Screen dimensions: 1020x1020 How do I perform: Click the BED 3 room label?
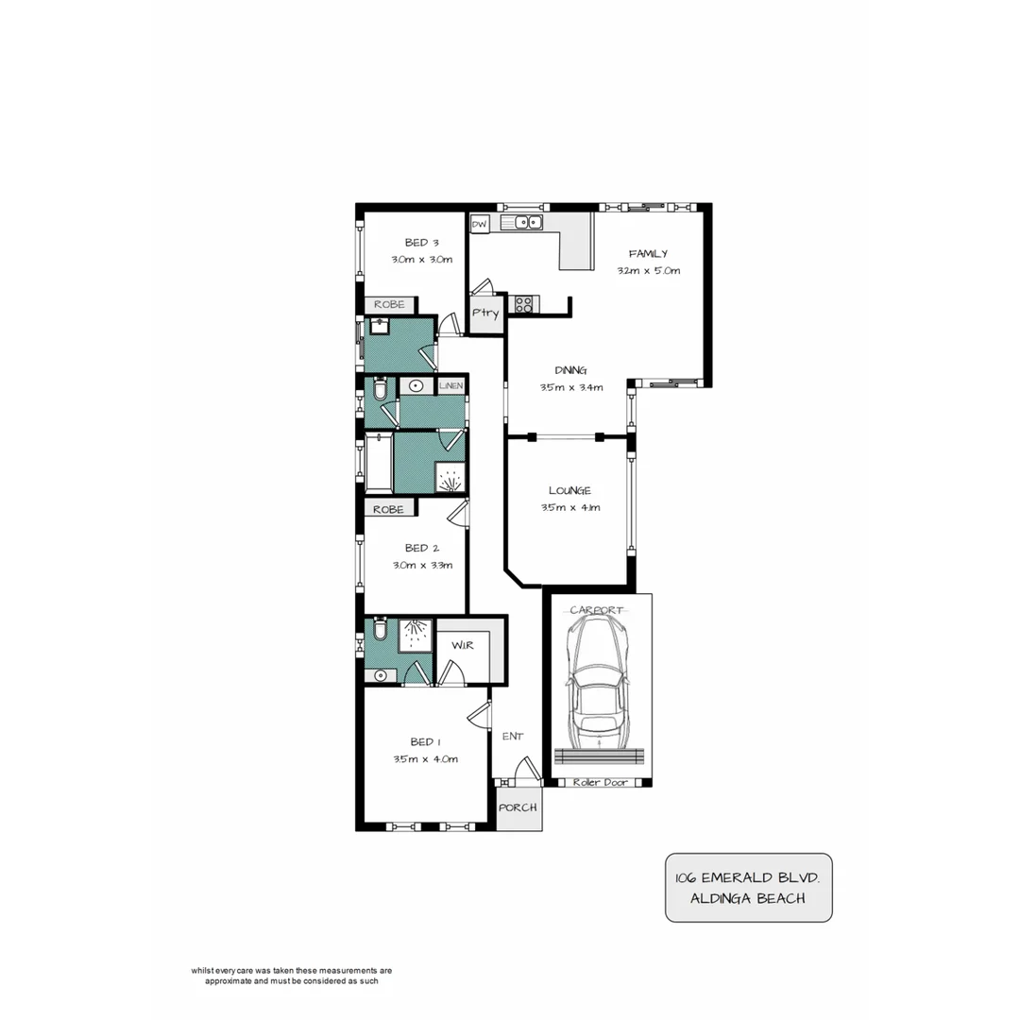pyautogui.click(x=416, y=242)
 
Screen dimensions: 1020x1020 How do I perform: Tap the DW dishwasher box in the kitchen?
pyautogui.click(x=480, y=225)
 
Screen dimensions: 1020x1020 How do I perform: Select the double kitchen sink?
pyautogui.click(x=521, y=223)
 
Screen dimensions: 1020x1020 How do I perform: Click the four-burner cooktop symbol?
pyautogui.click(x=522, y=304)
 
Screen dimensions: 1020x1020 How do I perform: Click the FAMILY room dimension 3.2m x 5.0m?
pyautogui.click(x=649, y=270)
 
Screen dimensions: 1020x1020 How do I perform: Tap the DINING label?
pyautogui.click(x=570, y=370)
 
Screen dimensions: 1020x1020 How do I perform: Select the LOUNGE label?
pyautogui.click(x=569, y=490)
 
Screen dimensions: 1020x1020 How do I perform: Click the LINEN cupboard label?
pyautogui.click(x=450, y=386)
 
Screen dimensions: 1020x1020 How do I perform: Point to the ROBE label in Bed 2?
pyautogui.click(x=388, y=509)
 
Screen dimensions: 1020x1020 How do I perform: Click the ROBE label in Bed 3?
pyautogui.click(x=389, y=305)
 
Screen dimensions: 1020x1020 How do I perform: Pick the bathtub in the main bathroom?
pyautogui.click(x=379, y=463)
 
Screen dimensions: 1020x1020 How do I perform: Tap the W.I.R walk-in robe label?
pyautogui.click(x=463, y=645)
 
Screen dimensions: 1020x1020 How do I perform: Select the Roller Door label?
pyautogui.click(x=601, y=783)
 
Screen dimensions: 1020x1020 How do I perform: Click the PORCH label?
pyautogui.click(x=518, y=808)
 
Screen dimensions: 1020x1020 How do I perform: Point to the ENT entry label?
pyautogui.click(x=512, y=737)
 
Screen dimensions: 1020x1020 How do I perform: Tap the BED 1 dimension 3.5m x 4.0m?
pyautogui.click(x=425, y=759)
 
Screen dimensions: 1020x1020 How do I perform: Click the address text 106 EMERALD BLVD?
pyautogui.click(x=747, y=877)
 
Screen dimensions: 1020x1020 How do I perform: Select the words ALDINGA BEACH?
pyautogui.click(x=747, y=898)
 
